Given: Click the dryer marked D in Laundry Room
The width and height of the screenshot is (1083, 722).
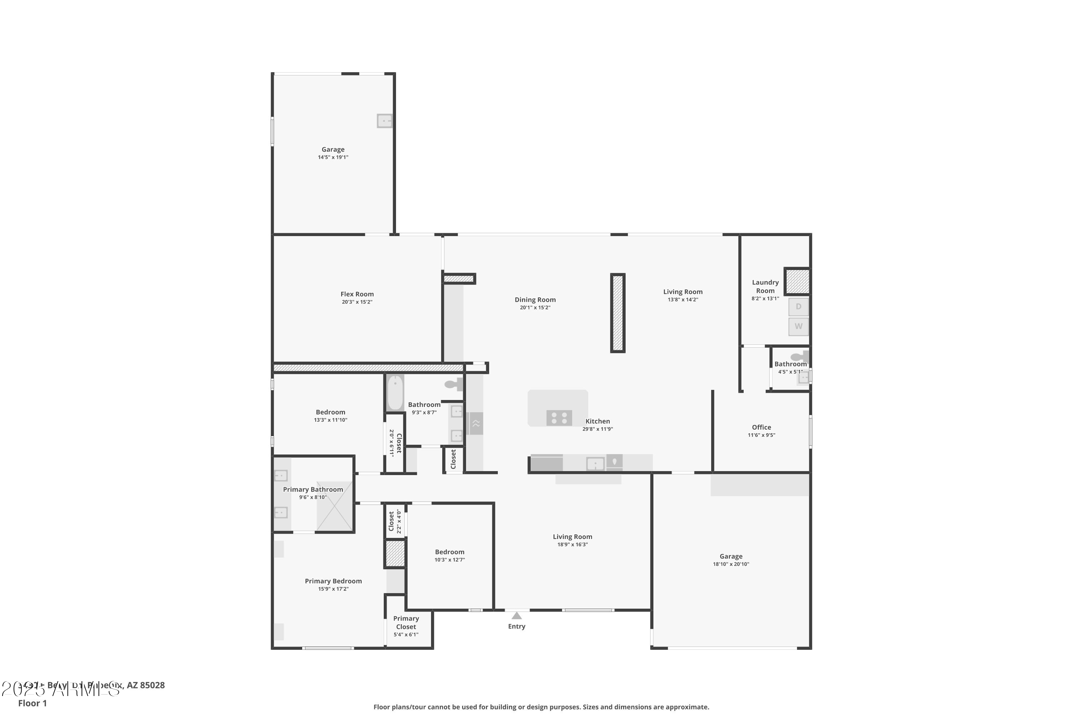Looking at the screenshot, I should (799, 306).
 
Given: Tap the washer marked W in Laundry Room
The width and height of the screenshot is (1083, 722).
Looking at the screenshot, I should (799, 326).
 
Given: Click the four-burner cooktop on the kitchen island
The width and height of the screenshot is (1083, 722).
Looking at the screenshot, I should (559, 418).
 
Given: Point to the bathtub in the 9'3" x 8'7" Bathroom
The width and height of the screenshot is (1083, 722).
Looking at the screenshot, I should (395, 393).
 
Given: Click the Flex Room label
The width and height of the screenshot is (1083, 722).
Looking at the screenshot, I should (357, 294).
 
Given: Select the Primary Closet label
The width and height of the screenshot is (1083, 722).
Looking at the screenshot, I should (406, 622).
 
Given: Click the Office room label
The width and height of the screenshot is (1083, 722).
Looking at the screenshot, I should (761, 427).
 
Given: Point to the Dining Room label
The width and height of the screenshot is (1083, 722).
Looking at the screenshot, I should (535, 300).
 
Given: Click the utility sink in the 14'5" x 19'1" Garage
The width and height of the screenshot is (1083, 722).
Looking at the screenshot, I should (384, 121).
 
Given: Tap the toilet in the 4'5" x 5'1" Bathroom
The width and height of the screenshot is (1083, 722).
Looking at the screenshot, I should (799, 357).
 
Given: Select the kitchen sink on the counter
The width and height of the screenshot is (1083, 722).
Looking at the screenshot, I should (595, 464).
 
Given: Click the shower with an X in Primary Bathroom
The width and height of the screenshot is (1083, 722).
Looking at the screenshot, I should (335, 506).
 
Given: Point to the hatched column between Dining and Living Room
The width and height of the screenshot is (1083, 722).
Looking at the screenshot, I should (617, 313).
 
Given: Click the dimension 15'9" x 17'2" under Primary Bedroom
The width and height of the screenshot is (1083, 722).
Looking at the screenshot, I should (333, 589).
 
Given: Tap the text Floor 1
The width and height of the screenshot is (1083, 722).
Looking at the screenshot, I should (32, 703).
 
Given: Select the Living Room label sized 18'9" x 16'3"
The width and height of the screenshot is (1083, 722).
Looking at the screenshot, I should (572, 537).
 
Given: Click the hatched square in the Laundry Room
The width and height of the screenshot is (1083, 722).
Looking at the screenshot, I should (797, 281).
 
